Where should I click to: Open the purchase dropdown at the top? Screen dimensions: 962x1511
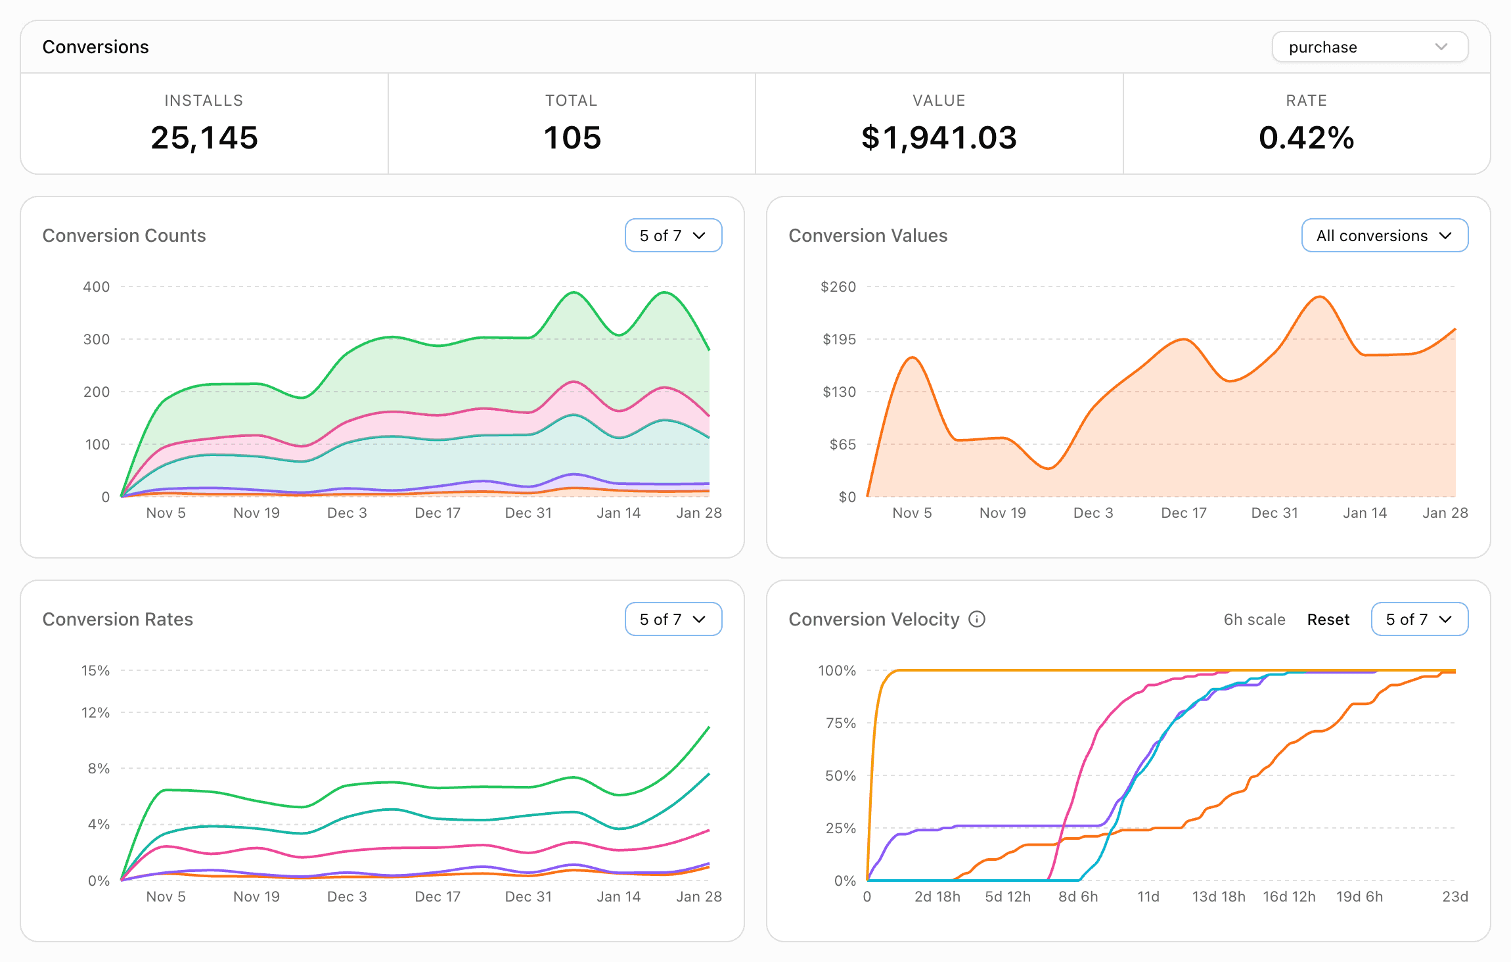point(1369,47)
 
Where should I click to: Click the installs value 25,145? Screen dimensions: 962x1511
point(204,137)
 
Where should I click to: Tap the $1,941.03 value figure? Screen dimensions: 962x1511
point(939,137)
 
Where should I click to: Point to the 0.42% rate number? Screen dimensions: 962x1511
point(1306,137)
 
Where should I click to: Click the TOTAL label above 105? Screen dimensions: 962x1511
point(571,101)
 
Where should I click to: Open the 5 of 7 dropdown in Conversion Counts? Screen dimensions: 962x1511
point(673,235)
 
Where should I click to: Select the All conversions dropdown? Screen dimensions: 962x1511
point(1384,235)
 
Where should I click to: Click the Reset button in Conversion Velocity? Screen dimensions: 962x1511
point(1328,620)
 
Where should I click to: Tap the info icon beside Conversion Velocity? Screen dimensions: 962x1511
point(977,619)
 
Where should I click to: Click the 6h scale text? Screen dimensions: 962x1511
point(1254,620)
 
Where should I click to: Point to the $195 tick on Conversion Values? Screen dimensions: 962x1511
point(839,339)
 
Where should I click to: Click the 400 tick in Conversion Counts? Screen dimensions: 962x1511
point(96,286)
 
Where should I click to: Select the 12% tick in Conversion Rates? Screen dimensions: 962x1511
point(95,712)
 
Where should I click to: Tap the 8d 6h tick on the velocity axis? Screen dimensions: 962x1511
point(1077,896)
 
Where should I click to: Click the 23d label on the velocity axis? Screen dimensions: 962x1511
point(1454,896)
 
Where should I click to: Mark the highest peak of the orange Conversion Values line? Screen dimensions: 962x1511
point(1319,297)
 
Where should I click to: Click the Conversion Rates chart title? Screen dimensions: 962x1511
point(118,619)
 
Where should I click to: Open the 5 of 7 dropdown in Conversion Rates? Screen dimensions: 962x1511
point(673,619)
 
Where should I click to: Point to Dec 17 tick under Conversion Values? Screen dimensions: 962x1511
point(1183,513)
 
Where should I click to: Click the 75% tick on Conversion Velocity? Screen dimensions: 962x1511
point(840,723)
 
